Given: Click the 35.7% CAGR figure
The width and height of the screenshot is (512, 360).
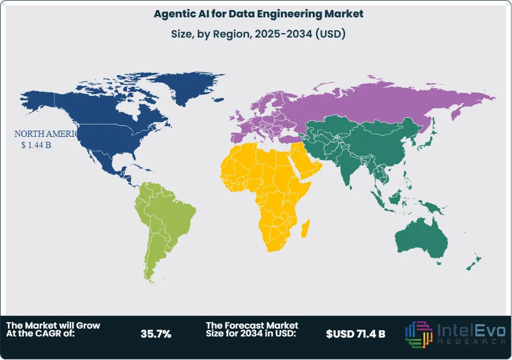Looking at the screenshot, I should tap(156, 334).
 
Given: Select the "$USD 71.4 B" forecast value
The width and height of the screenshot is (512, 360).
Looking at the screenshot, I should tap(356, 334).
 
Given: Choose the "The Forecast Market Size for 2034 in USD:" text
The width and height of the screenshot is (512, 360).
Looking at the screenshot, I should tap(252, 330).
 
